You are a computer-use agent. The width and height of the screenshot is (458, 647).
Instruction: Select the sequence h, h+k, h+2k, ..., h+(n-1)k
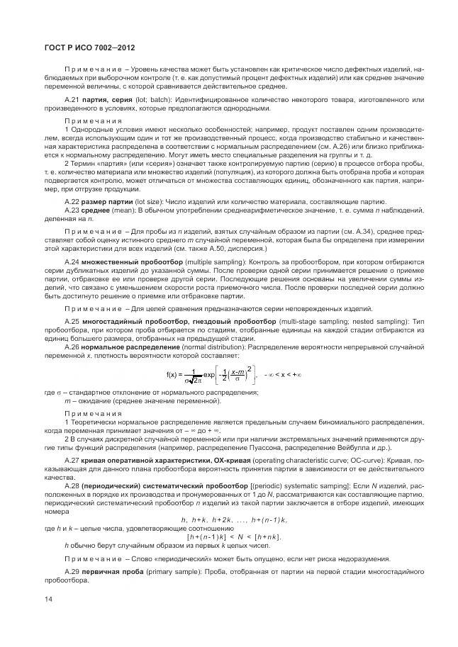pos(234,520)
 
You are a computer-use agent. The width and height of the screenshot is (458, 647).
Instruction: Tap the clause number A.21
pos(72,101)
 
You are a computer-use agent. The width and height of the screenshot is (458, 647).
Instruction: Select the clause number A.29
pos(72,570)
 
